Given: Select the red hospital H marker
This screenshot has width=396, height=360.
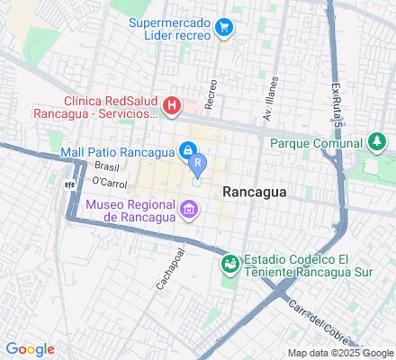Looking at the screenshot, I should (171, 108).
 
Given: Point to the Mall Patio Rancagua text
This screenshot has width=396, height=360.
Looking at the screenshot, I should (119, 151).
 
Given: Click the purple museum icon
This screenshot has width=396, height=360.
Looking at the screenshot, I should (188, 211).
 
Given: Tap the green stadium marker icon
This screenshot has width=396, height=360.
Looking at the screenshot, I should (231, 262).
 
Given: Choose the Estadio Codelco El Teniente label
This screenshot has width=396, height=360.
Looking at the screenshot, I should (302, 265).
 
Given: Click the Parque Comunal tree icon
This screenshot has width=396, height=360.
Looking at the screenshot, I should (377, 142).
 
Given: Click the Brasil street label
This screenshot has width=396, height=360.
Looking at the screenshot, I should (107, 167).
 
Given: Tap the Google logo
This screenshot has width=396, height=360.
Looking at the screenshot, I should (30, 349).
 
